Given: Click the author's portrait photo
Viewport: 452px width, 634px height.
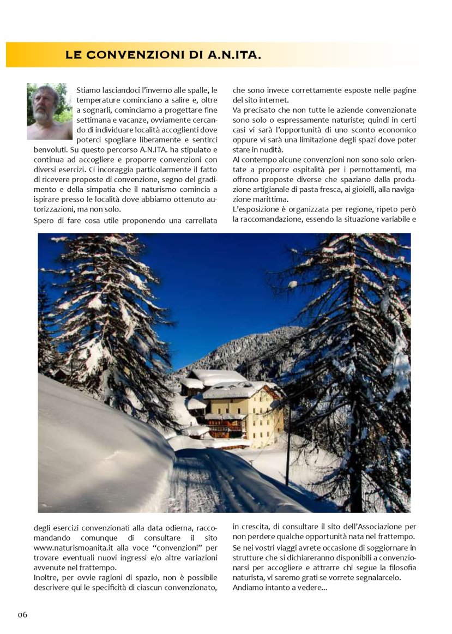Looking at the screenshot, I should (x=50, y=112).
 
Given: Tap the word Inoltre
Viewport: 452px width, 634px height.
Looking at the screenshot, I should (x=46, y=577).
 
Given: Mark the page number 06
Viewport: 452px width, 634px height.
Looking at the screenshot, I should (x=22, y=615).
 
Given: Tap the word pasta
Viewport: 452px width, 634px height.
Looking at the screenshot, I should (x=305, y=189).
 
